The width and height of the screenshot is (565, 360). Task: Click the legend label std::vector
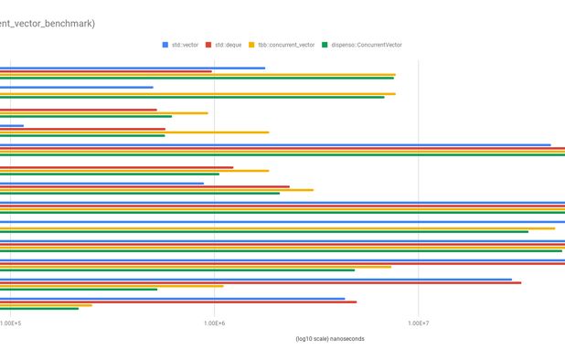[x=185, y=45]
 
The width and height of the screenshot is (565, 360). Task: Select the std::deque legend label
[x=228, y=45]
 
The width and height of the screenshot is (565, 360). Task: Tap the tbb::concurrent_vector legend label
[x=286, y=45]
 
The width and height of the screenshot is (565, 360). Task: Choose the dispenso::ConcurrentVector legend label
[x=367, y=45]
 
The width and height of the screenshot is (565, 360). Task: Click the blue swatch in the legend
[x=165, y=45]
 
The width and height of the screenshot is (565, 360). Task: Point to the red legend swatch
[x=208, y=45]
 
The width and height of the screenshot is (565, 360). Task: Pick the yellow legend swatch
[x=251, y=45]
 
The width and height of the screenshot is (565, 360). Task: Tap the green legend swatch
[x=325, y=45]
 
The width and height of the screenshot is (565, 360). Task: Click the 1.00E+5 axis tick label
[x=10, y=323]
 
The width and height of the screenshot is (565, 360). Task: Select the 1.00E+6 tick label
[x=213, y=323]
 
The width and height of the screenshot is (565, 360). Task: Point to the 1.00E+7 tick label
[x=418, y=323]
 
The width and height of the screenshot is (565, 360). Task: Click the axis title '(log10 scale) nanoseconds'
[x=329, y=339]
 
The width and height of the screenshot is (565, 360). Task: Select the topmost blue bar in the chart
[x=133, y=68]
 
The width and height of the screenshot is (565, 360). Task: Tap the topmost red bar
[x=105, y=71]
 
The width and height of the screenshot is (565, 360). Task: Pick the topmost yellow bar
[x=197, y=75]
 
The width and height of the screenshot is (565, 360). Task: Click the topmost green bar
[x=197, y=79]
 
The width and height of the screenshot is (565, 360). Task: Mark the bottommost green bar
[x=39, y=308]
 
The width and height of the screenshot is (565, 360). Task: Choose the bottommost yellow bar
[x=46, y=304]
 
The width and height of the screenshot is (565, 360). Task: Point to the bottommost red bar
[x=178, y=302]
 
